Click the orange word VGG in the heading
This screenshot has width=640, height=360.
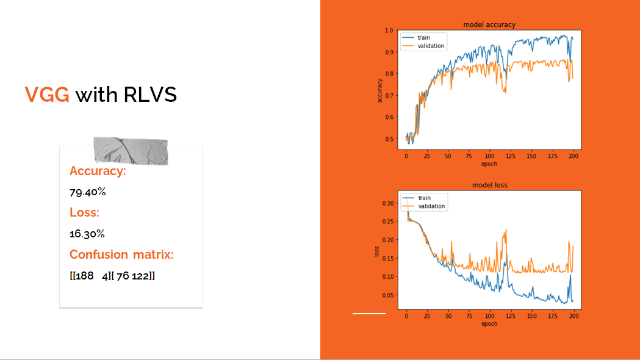(x=47, y=95)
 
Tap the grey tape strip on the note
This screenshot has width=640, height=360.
(x=131, y=151)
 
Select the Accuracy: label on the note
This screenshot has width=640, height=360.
(x=98, y=171)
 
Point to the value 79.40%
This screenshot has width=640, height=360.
(x=88, y=192)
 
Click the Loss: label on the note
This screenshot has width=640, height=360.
(x=84, y=212)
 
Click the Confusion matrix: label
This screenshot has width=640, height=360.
(x=121, y=254)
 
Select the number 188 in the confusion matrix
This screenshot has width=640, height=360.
(x=85, y=276)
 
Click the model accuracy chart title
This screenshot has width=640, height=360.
(x=489, y=24)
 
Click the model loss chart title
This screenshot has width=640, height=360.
(x=489, y=185)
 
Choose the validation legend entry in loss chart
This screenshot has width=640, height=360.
(x=431, y=206)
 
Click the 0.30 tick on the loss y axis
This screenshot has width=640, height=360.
(x=387, y=203)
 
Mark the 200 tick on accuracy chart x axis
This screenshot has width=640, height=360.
(x=573, y=156)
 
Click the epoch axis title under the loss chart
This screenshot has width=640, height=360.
(x=489, y=323)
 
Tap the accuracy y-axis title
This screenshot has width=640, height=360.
(x=380, y=90)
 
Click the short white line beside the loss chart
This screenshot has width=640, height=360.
(x=369, y=314)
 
